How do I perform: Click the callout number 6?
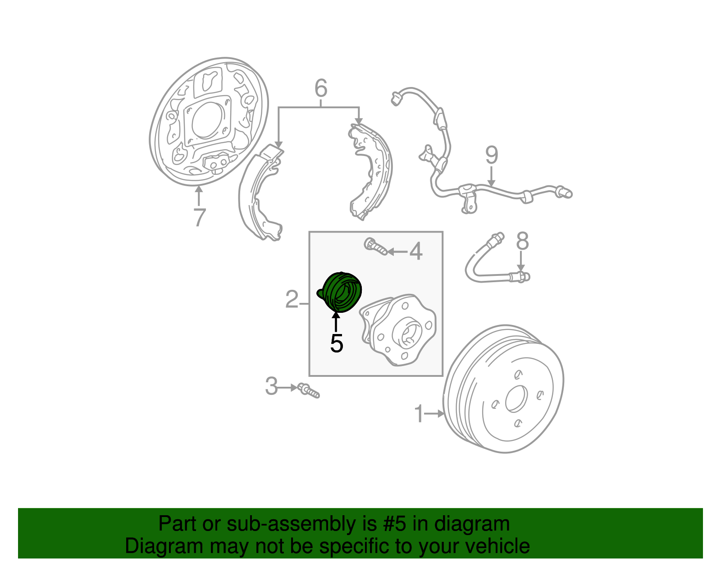(x=320, y=88)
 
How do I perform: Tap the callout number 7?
(x=199, y=217)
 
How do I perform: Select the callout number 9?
(x=492, y=155)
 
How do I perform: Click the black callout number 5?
(x=336, y=343)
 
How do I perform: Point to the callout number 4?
(x=415, y=251)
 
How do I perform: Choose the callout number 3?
(x=271, y=386)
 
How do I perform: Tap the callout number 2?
(x=292, y=299)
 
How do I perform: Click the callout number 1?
(x=419, y=414)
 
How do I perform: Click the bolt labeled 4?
(x=375, y=246)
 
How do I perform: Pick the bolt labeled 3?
(x=308, y=390)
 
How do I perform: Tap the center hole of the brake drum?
(x=516, y=399)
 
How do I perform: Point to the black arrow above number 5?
(x=336, y=322)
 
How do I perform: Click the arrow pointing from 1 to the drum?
(x=435, y=413)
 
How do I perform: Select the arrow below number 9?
(x=491, y=176)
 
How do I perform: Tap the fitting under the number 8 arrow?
(x=521, y=276)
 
